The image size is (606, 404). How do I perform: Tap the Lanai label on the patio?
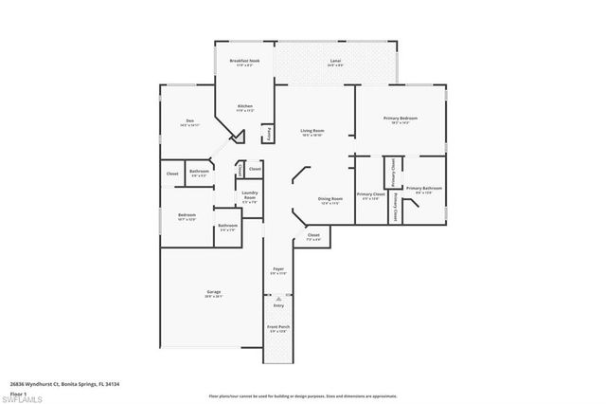click(x=335, y=61)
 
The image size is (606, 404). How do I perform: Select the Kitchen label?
click(x=244, y=105)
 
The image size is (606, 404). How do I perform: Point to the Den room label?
click(x=189, y=121)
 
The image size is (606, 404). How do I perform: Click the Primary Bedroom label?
click(x=400, y=119)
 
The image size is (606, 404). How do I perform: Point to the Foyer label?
click(x=277, y=270)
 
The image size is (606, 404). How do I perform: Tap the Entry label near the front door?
click(x=278, y=305)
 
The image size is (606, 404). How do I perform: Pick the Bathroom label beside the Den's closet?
click(x=199, y=173)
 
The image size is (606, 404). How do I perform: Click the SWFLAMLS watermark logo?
click(x=21, y=399)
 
